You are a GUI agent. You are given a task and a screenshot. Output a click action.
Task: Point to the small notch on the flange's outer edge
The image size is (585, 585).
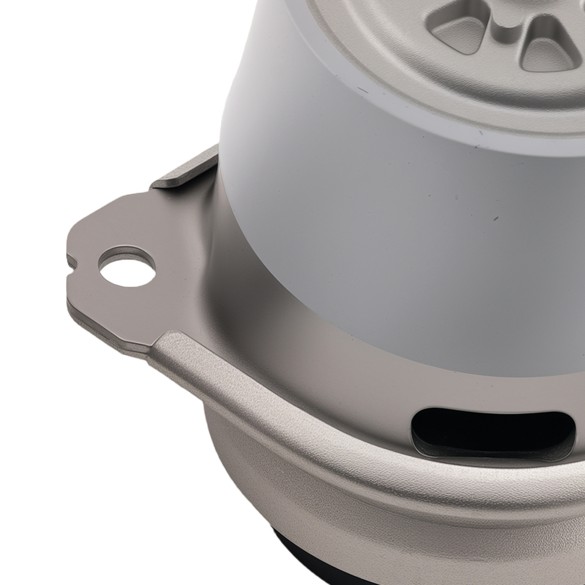click(x=72, y=261)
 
